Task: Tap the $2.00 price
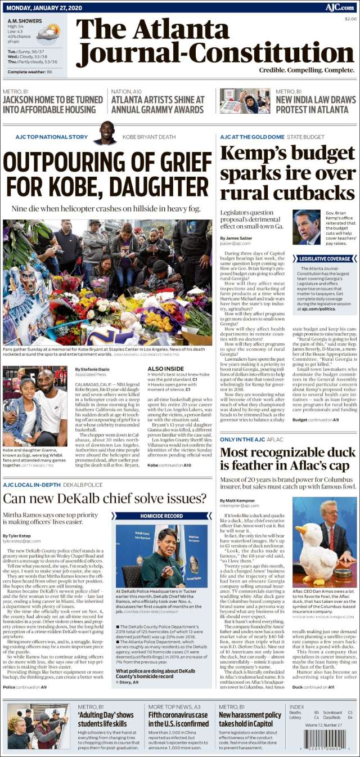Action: [x=350, y=19]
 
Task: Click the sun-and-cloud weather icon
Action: [x=48, y=34]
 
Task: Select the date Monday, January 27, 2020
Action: [x=43, y=7]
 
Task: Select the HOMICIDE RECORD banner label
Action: [x=161, y=516]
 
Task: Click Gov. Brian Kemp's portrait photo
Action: [x=306, y=227]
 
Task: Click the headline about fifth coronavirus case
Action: [x=178, y=719]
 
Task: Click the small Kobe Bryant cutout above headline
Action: [x=105, y=133]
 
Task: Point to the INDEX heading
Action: [x=296, y=706]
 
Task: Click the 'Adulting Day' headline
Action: [x=106, y=719]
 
